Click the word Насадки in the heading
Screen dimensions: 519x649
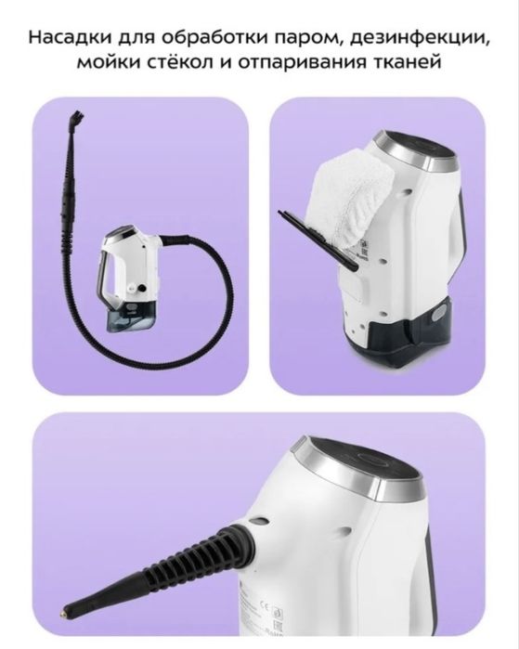[69, 37]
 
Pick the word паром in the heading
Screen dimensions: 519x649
[307, 38]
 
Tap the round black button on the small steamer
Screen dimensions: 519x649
[143, 288]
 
